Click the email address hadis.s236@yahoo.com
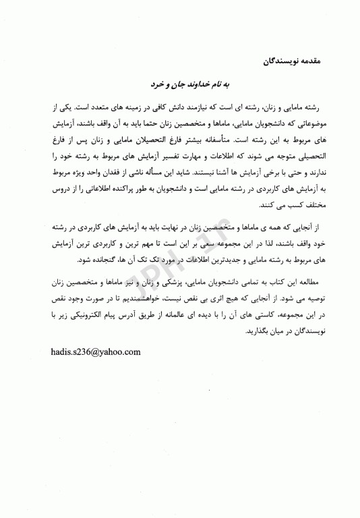tap(95, 351)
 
